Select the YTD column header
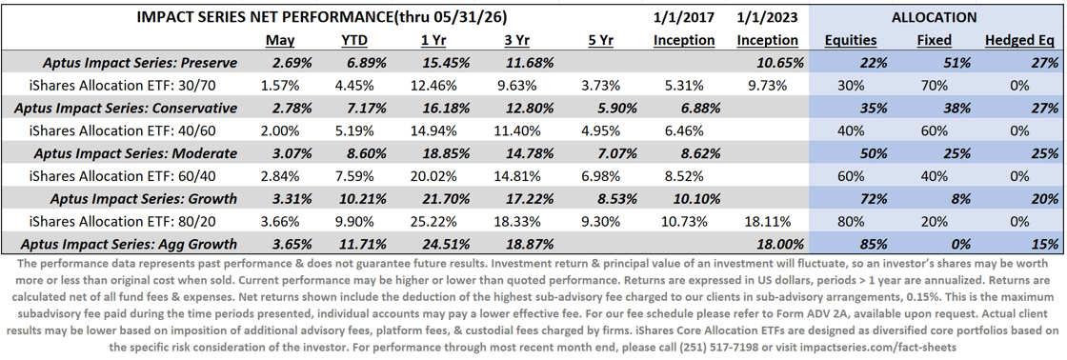pos(352,40)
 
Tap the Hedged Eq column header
pos(1021,41)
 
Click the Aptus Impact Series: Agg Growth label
pos(129,243)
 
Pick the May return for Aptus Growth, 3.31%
pos(277,198)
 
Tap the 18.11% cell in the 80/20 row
pos(767,221)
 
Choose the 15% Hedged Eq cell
pos(1044,243)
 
